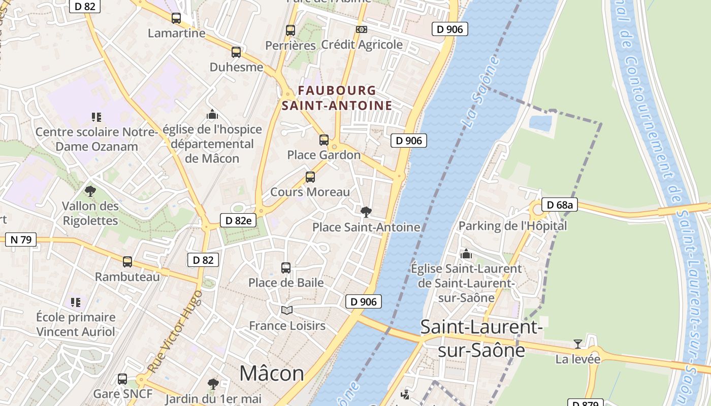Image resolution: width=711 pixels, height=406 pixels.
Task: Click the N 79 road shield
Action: coord(21,240)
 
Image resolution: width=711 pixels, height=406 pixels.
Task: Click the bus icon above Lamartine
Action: coord(176,18)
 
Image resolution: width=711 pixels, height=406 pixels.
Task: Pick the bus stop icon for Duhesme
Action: coord(236,52)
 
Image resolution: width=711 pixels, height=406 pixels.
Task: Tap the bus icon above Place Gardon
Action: coord(324,140)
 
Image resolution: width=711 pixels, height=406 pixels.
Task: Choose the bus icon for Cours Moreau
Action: coord(310,177)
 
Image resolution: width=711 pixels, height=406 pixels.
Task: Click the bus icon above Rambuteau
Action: coord(127,261)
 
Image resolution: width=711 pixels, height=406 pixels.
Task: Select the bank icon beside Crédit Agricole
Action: coord(362,29)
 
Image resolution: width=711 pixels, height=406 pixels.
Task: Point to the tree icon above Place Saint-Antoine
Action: coord(366,212)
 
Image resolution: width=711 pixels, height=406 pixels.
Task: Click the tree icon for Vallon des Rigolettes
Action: coord(90,191)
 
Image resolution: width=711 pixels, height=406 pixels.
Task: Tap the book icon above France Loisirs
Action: coord(287,310)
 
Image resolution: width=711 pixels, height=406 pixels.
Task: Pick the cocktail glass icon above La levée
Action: coord(578,344)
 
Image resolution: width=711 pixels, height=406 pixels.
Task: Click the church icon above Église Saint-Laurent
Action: coord(466,253)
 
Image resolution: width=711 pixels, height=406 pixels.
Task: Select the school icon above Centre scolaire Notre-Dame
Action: coord(96,117)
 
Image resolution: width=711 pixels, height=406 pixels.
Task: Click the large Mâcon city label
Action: coord(272,373)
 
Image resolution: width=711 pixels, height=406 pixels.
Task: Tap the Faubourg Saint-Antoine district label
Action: coord(337,98)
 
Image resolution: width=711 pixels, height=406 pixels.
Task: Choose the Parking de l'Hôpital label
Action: coord(512,226)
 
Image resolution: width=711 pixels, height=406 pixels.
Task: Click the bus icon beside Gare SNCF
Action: coord(122,379)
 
